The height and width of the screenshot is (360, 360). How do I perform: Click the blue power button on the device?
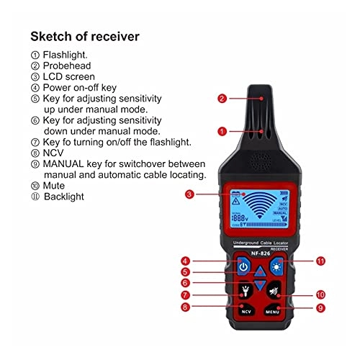pyautogui.click(x=243, y=267)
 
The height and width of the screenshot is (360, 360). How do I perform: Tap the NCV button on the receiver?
pyautogui.click(x=246, y=311)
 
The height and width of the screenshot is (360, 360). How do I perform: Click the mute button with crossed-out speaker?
pyautogui.click(x=274, y=292)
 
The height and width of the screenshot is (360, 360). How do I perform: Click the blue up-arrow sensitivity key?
pyautogui.click(x=258, y=272)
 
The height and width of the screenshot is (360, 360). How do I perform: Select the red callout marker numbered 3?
pyautogui.click(x=189, y=194)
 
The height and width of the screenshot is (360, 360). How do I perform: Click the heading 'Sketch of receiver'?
pyautogui.click(x=86, y=37)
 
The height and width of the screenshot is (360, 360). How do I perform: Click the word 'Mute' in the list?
pyautogui.click(x=55, y=185)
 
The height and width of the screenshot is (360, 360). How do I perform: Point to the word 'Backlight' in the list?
pyautogui.click(x=64, y=197)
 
